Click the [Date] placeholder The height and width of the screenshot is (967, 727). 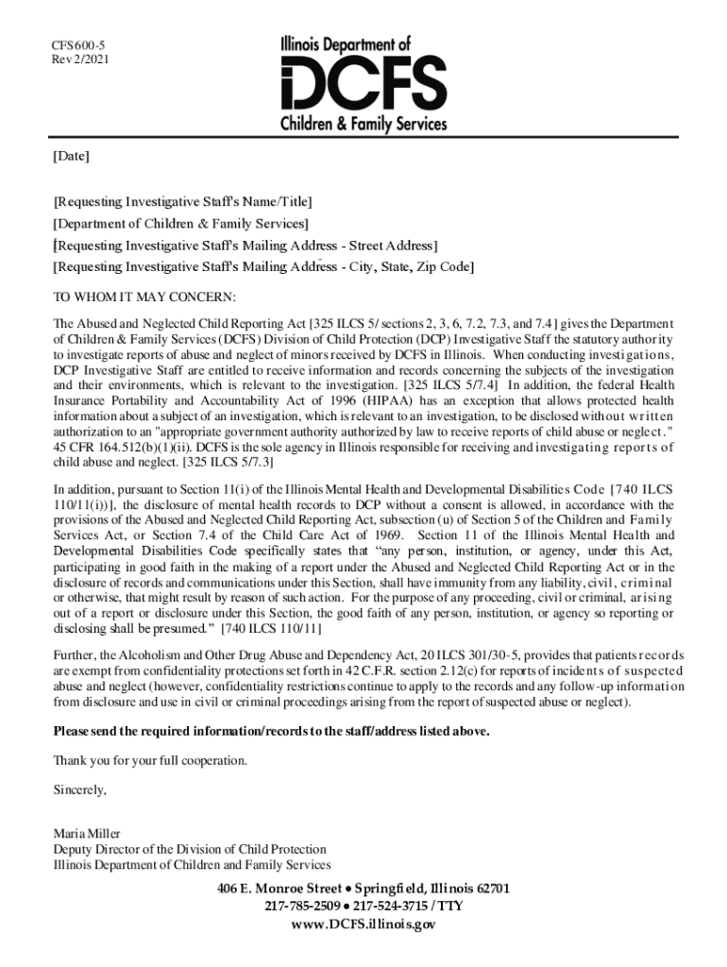[x=71, y=157]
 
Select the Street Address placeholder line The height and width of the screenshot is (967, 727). [x=245, y=246]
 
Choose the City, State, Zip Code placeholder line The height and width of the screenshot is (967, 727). [x=263, y=267]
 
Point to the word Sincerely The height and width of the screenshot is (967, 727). [x=80, y=789]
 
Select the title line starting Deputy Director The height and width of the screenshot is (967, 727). [x=190, y=849]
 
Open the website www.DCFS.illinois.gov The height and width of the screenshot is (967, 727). [x=363, y=925]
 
